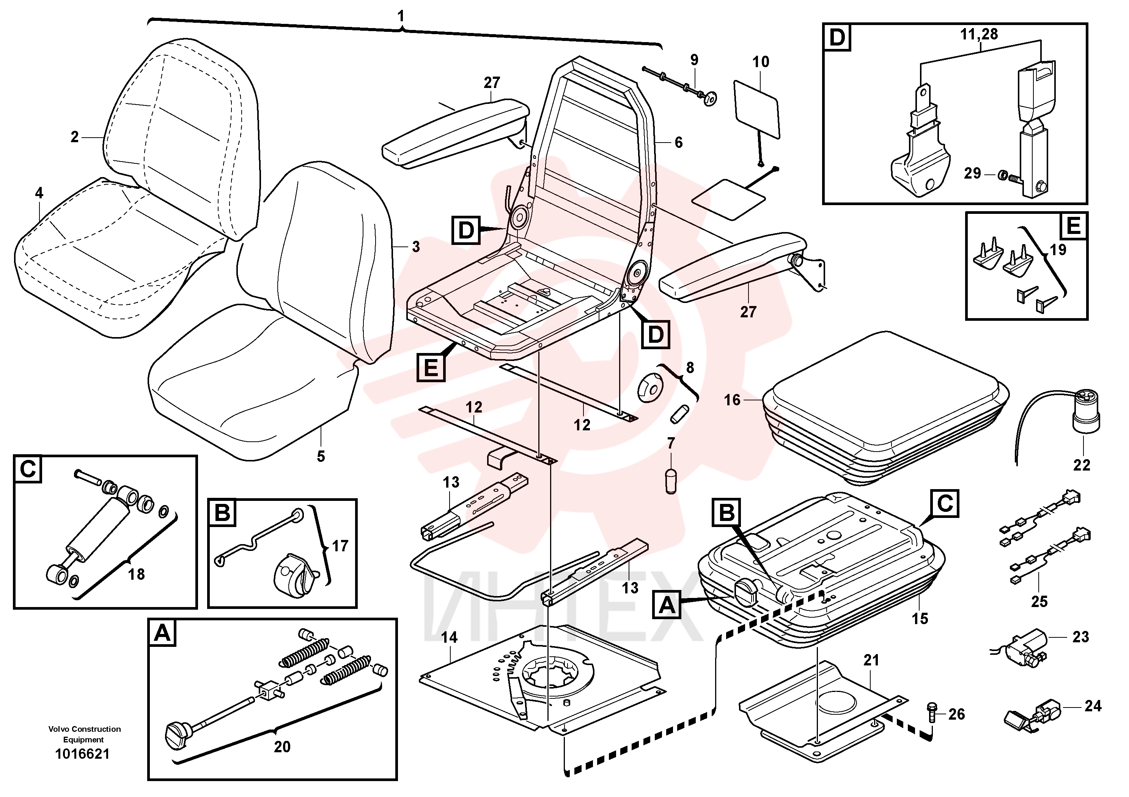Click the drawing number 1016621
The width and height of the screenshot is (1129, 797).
tap(83, 754)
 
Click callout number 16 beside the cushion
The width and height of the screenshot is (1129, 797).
tap(732, 400)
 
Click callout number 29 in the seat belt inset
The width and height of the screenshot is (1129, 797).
tap(972, 173)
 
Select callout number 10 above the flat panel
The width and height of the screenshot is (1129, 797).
tap(761, 62)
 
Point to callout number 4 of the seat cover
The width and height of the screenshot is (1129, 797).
tap(39, 193)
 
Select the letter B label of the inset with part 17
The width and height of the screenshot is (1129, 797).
tap(222, 513)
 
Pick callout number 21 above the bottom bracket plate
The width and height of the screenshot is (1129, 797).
tap(871, 660)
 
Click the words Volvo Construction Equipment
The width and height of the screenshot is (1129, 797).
tap(84, 734)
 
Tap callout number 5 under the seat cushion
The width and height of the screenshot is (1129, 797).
tap(321, 457)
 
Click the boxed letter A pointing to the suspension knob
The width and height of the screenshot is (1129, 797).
tap(667, 604)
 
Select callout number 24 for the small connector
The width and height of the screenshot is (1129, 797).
tap(1093, 706)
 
